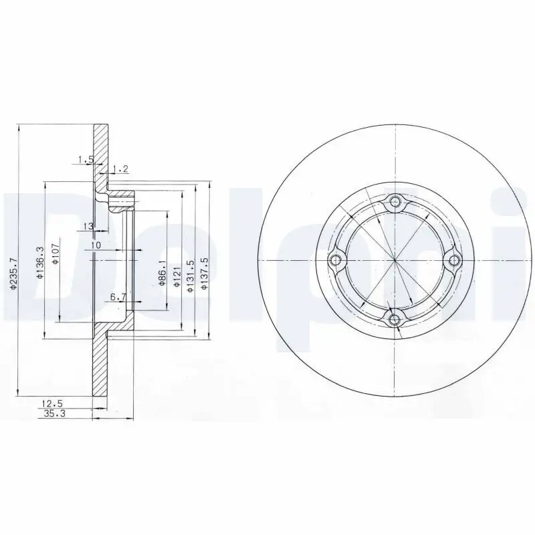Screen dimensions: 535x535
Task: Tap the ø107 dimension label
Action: coord(56,253)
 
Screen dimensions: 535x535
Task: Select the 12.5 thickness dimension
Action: coord(52,403)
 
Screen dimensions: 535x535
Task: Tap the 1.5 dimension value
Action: coord(84,159)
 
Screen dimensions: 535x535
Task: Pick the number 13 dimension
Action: coord(88,226)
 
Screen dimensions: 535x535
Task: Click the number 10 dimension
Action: coord(96,245)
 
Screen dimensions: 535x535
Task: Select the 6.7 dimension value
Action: coord(118,296)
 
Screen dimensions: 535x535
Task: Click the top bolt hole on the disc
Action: coord(395,201)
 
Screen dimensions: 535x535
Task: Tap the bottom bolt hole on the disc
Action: coord(395,319)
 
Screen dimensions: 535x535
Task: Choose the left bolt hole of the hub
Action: coord(336,260)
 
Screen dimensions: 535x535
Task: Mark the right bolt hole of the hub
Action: coord(454,260)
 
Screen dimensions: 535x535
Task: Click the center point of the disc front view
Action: coord(395,260)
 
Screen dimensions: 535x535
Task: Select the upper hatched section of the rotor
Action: coord(100,150)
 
